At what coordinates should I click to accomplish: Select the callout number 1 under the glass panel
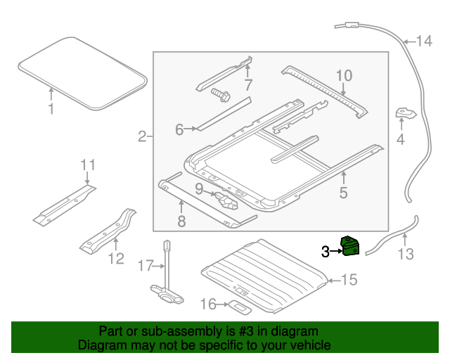(x=51, y=109)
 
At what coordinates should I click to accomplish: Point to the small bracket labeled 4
(x=406, y=114)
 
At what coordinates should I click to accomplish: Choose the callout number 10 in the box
(x=342, y=75)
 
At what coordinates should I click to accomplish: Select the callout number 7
(x=247, y=86)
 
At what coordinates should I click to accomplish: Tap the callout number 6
(x=179, y=129)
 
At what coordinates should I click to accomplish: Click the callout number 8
(x=181, y=222)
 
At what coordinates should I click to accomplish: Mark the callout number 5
(x=343, y=191)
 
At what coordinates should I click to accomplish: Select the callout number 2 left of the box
(x=142, y=136)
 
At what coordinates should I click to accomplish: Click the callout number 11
(x=86, y=166)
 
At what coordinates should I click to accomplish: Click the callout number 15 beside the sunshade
(x=349, y=280)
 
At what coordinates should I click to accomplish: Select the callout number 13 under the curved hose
(x=406, y=254)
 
